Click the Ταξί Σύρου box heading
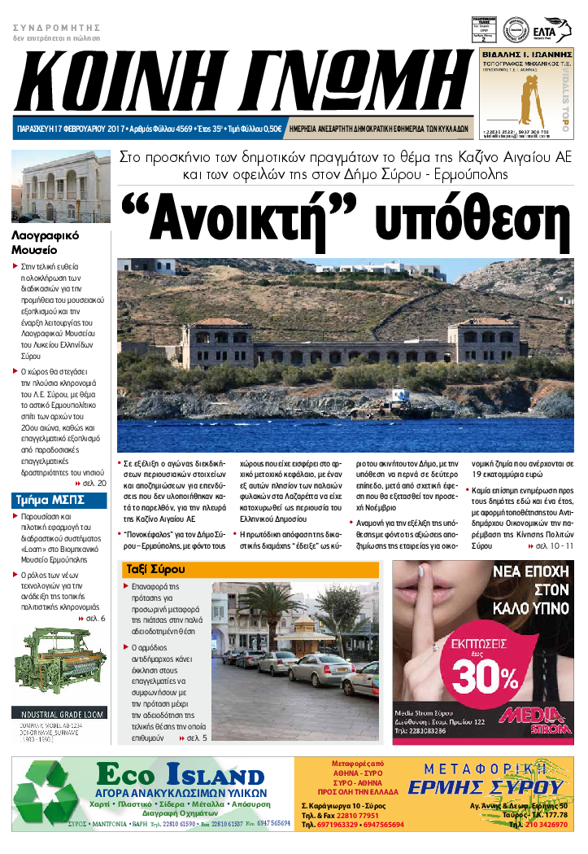(x=155, y=568)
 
